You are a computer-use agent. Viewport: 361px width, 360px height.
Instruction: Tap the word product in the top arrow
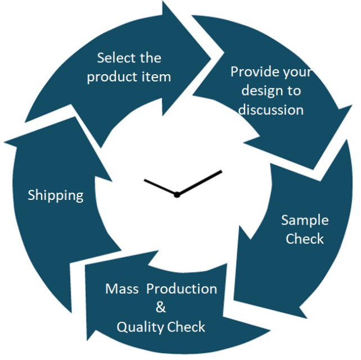point(112,78)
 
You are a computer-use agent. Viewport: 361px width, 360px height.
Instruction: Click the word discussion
point(271,110)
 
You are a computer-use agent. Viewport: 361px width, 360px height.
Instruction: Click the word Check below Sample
point(305,238)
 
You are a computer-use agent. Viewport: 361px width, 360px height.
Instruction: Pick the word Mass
point(122,289)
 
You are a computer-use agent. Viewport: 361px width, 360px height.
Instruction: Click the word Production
point(182,289)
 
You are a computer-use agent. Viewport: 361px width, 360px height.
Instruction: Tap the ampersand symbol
point(160,307)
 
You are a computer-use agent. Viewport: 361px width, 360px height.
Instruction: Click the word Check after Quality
point(186,327)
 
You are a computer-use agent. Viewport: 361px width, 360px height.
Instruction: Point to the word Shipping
point(56,196)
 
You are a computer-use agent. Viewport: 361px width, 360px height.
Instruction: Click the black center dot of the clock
point(177,195)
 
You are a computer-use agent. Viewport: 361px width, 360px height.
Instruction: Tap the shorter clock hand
point(160,187)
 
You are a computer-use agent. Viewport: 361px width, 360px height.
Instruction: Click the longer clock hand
point(200,183)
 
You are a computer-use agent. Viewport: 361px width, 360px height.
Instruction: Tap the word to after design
point(294,91)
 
